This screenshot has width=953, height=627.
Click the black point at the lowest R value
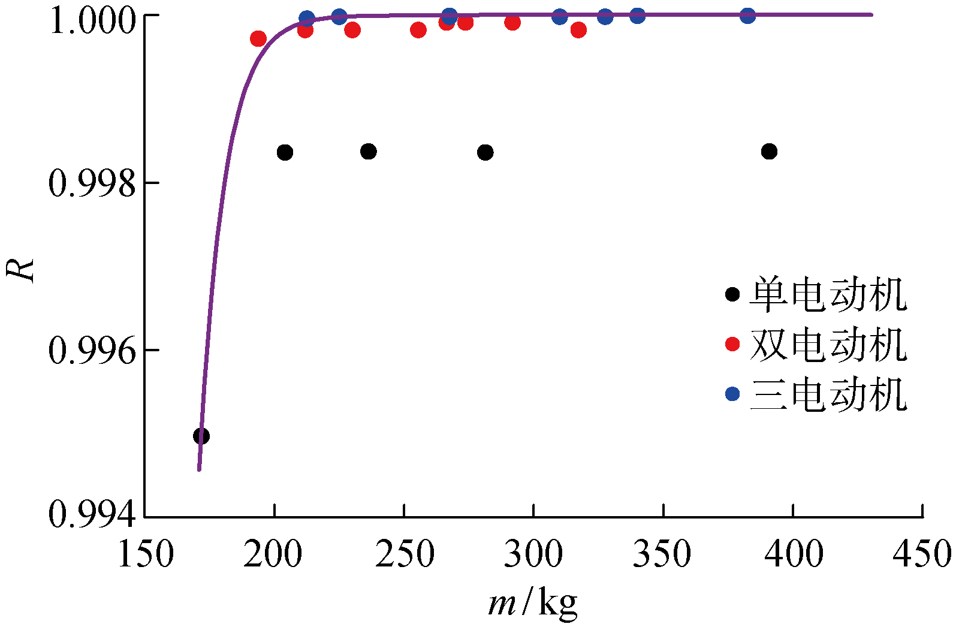[201, 436]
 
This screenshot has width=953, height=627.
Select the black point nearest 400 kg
[770, 152]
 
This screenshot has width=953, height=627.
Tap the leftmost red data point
[258, 40]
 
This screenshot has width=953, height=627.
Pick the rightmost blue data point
[747, 16]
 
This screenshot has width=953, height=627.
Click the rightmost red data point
[578, 30]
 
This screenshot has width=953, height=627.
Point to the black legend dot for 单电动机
[732, 294]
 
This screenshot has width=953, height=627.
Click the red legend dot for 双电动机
[732, 344]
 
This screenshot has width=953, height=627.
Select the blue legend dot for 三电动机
[732, 394]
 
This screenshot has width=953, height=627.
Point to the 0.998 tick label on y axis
[92, 183]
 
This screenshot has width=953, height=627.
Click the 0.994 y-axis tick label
[92, 514]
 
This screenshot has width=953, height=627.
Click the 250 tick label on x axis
[405, 554]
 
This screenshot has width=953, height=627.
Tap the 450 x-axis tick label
[922, 554]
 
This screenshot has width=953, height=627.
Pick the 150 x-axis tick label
[146, 554]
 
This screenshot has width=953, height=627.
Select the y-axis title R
[20, 269]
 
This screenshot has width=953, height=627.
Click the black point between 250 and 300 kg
[485, 152]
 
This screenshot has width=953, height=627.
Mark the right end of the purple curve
[871, 14]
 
